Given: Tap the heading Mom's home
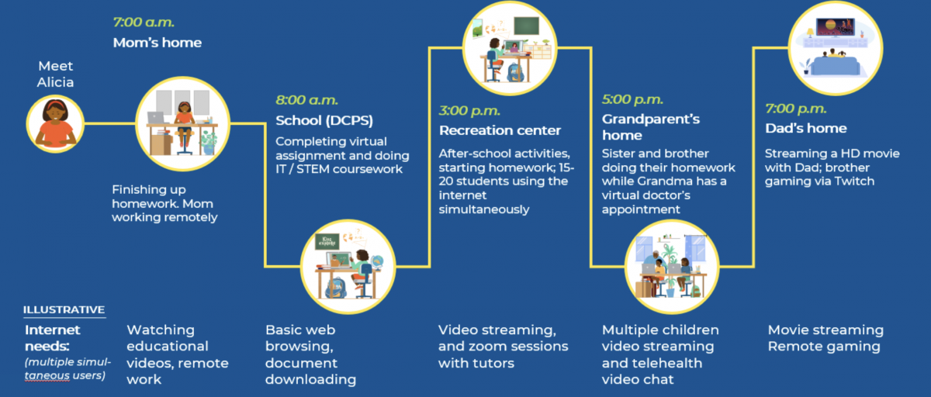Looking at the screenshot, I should click(157, 43).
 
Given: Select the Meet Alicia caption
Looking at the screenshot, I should click(55, 74).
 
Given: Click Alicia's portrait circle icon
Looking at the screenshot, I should click(55, 123).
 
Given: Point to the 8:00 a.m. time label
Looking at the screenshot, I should click(307, 99).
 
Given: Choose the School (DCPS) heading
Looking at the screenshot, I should click(324, 120).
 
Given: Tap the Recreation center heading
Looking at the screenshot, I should click(500, 129).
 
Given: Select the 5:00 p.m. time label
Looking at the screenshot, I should click(633, 99).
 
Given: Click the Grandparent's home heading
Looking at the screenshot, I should click(651, 127).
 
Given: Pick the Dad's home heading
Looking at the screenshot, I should click(806, 128).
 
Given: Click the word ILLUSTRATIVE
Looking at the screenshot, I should click(64, 309).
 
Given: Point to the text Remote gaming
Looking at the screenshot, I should click(824, 347).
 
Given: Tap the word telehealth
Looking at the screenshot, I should click(651, 363).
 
